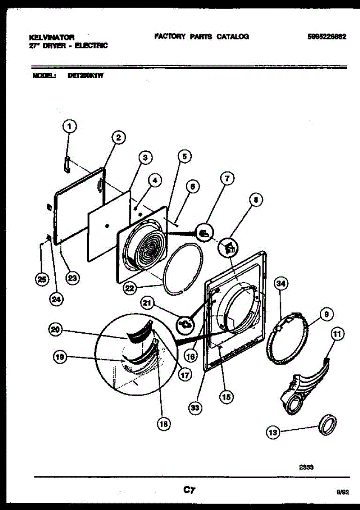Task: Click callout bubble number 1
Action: point(70,126)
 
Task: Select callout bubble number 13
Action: point(273,433)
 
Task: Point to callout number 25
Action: point(41,279)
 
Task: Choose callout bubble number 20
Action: point(55,329)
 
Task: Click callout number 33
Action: point(195,408)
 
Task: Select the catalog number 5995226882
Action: point(326,37)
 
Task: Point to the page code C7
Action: point(189,490)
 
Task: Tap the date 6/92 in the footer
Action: point(342,492)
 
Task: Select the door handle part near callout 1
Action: point(67,164)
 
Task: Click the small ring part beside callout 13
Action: point(328,425)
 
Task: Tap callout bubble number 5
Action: point(184,156)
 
